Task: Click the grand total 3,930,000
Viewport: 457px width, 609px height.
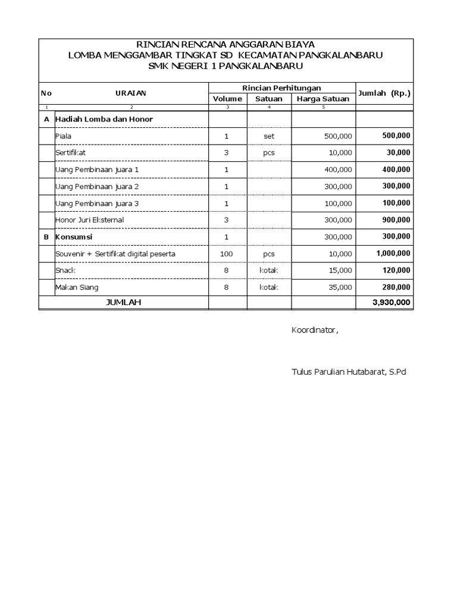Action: coord(391,303)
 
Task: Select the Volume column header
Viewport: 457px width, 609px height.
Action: coord(227,99)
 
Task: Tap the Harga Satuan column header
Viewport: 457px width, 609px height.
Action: coord(323,99)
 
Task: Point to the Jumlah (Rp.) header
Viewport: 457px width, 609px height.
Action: coord(384,93)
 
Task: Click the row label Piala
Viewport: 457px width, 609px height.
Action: coord(63,136)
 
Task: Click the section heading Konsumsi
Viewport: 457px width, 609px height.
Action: coord(74,236)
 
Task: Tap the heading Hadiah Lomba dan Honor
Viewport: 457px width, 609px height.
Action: coord(104,119)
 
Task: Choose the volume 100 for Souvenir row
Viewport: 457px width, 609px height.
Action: coord(227,253)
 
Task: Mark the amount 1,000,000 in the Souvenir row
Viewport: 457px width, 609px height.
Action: coord(393,253)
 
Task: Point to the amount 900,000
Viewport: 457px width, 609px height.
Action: coord(396,219)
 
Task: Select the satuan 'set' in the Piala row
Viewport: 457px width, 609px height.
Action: coord(269,136)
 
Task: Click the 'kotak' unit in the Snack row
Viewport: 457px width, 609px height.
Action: coord(269,271)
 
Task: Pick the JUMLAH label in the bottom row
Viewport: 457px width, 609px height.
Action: coord(123,302)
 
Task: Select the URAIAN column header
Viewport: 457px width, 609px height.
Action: coord(131,93)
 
